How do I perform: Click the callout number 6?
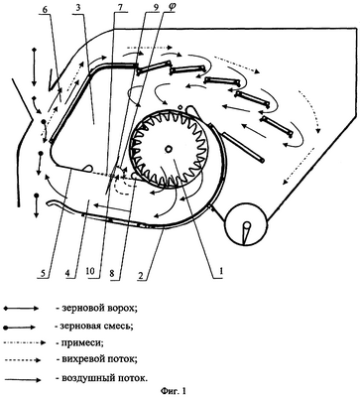click(46, 9)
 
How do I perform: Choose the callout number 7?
click(120, 8)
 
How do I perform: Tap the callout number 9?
click(148, 8)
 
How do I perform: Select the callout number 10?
click(90, 272)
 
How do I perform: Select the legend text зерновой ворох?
click(96, 309)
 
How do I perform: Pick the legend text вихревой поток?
click(96, 359)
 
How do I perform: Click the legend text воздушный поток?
click(100, 378)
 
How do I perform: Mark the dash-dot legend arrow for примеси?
click(24, 343)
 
